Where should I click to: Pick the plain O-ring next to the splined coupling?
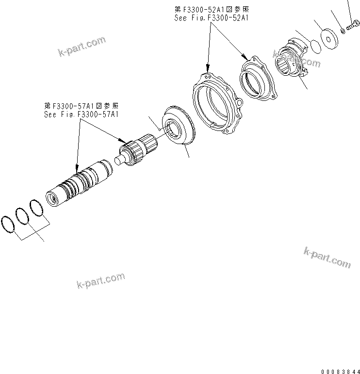pos(315,46)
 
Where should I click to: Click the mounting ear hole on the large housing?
pos(239,103)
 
